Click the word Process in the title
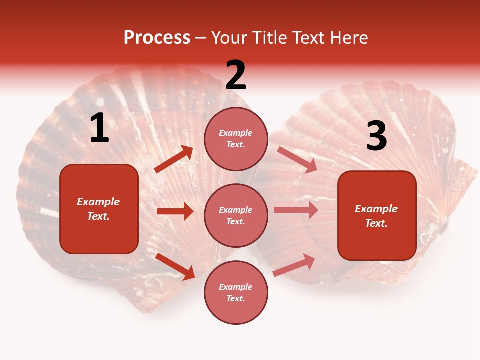[157, 38]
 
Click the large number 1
[99, 128]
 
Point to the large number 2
[236, 75]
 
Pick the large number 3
[376, 136]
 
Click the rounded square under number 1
[99, 209]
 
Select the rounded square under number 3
[377, 215]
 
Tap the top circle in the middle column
[236, 139]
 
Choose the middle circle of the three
[236, 215]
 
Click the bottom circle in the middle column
[236, 292]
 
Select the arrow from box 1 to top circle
[174, 159]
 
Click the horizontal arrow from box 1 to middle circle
[175, 211]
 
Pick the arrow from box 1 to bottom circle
[175, 266]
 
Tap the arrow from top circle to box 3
[297, 160]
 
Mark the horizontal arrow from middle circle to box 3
[296, 210]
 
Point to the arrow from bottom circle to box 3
[294, 265]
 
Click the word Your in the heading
[229, 38]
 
